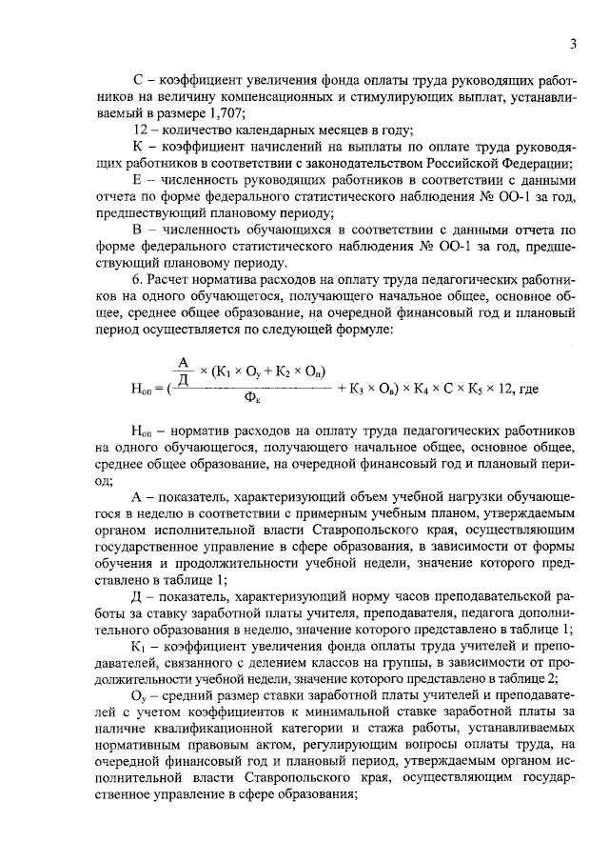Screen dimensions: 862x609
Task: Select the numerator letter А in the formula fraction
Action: tap(182, 361)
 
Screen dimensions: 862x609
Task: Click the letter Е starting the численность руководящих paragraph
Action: tap(138, 181)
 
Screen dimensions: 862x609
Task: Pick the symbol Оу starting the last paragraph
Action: tap(139, 696)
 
